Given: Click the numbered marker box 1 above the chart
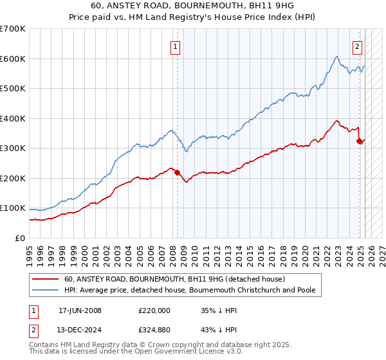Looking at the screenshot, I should pos(175,46).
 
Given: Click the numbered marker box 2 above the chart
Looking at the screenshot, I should pos(357,46).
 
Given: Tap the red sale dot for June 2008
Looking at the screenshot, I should pos(177,172).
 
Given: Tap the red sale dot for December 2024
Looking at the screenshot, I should pos(360,141).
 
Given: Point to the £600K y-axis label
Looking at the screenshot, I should pos(13,59).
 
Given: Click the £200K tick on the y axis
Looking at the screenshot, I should pos(13,178).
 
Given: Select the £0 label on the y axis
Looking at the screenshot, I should pos(20,238).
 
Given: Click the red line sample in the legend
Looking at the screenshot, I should pos(46,279).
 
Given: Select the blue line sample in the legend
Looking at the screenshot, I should pos(46,290).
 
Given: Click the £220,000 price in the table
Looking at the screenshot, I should pos(154,310).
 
